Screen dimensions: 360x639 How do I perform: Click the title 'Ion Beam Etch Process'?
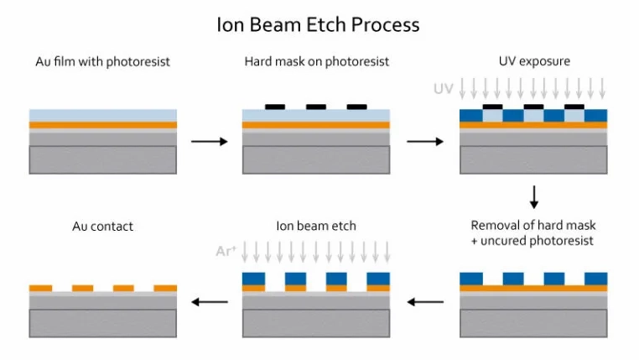(318, 24)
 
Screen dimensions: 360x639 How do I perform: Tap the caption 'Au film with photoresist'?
(102, 62)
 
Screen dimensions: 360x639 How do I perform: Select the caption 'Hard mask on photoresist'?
(316, 62)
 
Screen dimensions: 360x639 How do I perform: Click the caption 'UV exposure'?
(533, 62)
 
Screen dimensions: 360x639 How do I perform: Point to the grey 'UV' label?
(443, 88)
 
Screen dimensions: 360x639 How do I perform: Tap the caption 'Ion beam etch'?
(315, 226)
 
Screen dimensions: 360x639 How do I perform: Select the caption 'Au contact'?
(102, 226)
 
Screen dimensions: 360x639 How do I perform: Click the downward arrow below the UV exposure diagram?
(533, 196)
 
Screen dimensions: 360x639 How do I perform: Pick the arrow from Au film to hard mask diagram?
(209, 141)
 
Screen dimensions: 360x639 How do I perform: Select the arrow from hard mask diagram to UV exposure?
(425, 141)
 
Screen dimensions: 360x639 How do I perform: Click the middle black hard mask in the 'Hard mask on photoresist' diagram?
(316, 107)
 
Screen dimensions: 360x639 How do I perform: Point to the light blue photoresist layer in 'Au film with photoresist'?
(102, 115)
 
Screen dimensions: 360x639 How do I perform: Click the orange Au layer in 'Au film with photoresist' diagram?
(102, 125)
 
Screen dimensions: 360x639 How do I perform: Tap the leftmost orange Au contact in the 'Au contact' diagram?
(40, 288)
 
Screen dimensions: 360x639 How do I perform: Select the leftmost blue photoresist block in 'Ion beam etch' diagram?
(252, 279)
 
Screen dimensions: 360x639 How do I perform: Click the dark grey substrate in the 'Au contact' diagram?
(102, 322)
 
